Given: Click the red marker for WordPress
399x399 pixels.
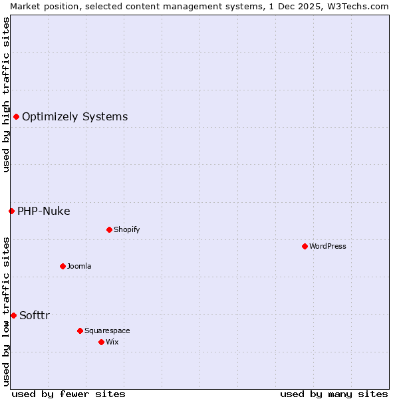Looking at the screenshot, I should [x=305, y=246].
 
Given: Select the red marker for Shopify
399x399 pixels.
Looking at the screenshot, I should [x=109, y=229].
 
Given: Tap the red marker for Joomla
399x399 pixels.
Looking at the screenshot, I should [x=63, y=266].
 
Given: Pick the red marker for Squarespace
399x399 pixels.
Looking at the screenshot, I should [x=80, y=331].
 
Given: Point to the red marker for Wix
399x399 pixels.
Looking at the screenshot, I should [x=101, y=342].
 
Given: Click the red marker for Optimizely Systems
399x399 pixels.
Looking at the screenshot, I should [x=16, y=117].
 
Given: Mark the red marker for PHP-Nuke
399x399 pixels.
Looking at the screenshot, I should [x=11, y=211].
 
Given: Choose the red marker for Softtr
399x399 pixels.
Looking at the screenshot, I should [x=13, y=315].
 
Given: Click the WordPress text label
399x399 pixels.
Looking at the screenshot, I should [x=328, y=246].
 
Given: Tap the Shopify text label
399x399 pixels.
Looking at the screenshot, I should [x=126, y=229].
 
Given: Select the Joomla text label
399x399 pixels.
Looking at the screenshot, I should [x=79, y=266].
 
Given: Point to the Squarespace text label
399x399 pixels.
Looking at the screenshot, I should [x=107, y=331].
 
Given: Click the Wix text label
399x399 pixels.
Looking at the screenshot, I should [x=112, y=342].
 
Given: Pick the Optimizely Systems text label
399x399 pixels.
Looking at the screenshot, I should [x=74, y=117].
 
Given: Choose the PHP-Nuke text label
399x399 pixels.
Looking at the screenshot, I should [x=43, y=211].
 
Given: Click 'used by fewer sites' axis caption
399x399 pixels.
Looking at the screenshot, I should [x=68, y=394].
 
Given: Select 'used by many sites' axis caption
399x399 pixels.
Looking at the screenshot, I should [x=334, y=394].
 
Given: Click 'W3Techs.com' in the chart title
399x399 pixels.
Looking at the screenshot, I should [x=361, y=6].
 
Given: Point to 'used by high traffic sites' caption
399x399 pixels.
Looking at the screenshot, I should [x=6, y=94].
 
